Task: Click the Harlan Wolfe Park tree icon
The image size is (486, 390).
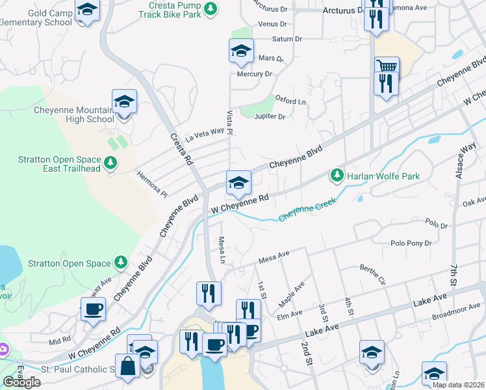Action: click(x=337, y=175)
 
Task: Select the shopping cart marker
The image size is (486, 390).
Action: click(x=387, y=66)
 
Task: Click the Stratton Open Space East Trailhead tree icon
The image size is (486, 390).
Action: click(x=111, y=162)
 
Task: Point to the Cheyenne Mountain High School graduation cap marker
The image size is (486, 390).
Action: click(x=124, y=102)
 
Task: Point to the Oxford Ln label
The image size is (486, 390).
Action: click(x=290, y=101)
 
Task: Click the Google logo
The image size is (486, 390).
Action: click(x=21, y=382)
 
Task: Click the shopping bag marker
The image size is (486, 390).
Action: click(x=127, y=366)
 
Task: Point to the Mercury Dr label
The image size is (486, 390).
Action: click(x=254, y=74)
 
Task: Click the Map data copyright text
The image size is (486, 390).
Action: click(x=457, y=385)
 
